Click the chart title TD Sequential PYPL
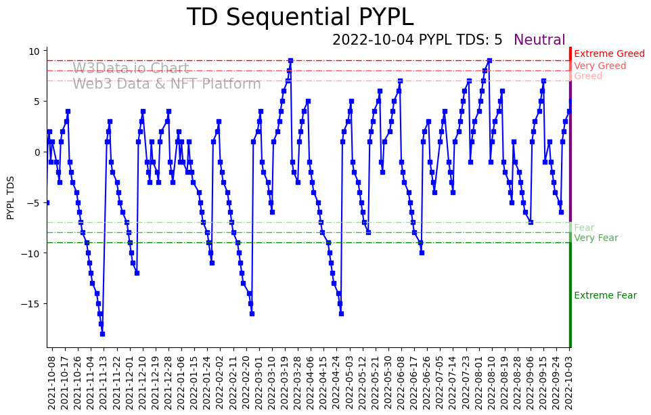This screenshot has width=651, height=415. coord(300,18)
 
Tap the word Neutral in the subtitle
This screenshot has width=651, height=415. coord(539,41)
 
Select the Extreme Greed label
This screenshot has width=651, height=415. coord(609,54)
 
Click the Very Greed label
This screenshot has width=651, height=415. coord(600,66)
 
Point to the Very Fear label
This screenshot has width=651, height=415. coord(596,238)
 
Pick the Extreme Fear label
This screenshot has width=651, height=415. coord(605,296)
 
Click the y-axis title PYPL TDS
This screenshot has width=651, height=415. coord(11,197)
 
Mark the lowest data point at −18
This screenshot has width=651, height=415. coord(102,334)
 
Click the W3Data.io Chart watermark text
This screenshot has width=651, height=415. coord(131,68)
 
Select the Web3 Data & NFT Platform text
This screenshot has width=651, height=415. coord(166,84)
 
